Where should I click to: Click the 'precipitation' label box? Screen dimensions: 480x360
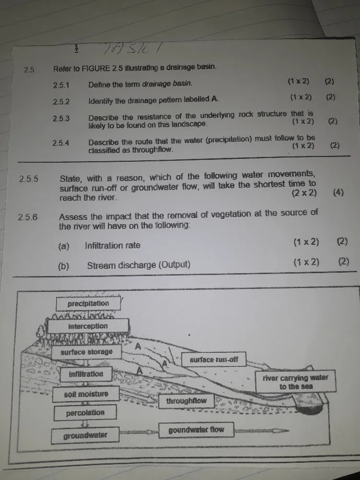88,303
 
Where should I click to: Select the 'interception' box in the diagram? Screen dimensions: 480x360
88,326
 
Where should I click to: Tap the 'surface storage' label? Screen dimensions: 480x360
86,352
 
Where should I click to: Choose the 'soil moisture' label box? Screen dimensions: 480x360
86,394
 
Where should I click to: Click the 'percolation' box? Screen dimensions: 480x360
85,413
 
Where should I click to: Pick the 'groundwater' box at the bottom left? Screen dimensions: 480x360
85,436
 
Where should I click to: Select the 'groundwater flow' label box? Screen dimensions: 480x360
196,430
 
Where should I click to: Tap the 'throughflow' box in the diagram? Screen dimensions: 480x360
186,401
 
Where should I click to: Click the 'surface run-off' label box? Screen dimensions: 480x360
214,360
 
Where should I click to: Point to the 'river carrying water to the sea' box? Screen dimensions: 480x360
296,382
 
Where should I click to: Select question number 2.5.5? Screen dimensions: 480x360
29,179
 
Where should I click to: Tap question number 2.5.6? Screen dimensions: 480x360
28,217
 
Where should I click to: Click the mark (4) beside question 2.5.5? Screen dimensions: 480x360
339,193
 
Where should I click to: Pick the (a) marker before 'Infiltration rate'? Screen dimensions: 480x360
64,246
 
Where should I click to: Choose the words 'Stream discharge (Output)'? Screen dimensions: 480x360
139,265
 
